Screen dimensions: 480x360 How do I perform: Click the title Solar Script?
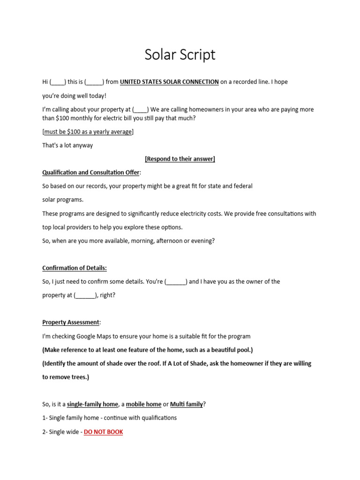click(180, 55)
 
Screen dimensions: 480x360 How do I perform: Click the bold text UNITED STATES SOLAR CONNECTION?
click(169, 82)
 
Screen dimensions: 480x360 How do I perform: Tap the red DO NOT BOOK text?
click(103, 432)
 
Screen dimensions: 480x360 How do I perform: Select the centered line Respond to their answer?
click(180, 159)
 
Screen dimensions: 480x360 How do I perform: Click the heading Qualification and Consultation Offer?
click(91, 172)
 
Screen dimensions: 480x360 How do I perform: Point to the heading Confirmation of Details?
click(75, 268)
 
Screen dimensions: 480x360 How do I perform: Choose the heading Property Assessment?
click(71, 322)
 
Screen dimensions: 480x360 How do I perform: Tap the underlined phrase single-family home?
click(92, 404)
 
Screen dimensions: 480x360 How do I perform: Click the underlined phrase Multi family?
click(186, 404)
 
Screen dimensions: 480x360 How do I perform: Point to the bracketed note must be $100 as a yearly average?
click(88, 132)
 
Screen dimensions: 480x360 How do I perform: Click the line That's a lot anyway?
click(67, 145)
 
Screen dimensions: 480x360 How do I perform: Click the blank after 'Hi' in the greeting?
click(58, 82)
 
